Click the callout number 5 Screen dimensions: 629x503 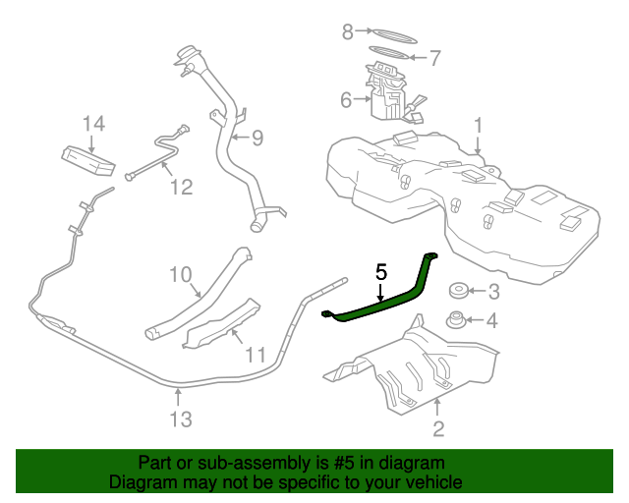(x=381, y=272)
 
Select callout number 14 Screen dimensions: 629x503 (x=94, y=124)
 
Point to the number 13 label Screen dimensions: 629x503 (x=181, y=419)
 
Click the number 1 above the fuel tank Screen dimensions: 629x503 (x=478, y=125)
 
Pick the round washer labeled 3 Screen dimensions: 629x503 (x=458, y=291)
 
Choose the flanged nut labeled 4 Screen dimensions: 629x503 (x=456, y=319)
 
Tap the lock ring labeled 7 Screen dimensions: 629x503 (x=389, y=52)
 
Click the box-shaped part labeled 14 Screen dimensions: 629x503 (x=88, y=160)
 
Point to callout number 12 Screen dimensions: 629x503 (x=181, y=187)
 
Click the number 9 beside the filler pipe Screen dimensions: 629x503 (x=257, y=138)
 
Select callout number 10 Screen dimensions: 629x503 (x=181, y=275)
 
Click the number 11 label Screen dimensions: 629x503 (x=256, y=355)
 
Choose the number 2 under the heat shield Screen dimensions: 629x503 (x=438, y=428)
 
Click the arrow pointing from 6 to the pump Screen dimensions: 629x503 (x=363, y=98)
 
